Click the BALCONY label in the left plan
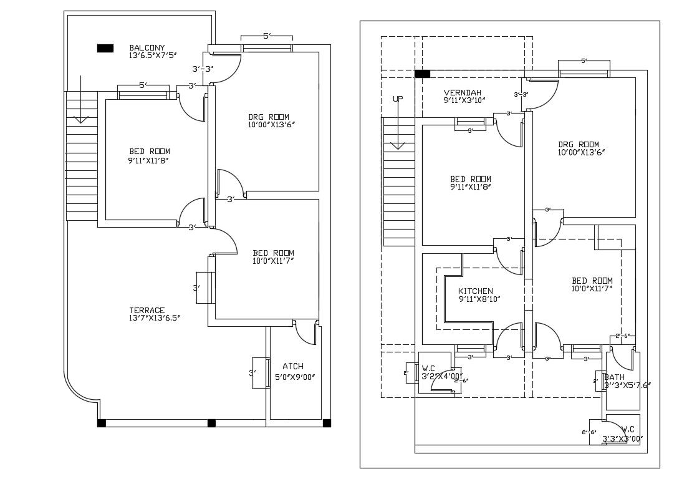(147, 47)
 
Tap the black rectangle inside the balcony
(105, 48)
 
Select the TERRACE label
(147, 310)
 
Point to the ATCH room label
(293, 366)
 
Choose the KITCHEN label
(475, 291)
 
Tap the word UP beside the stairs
(398, 99)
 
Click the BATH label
(614, 377)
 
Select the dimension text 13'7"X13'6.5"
(151, 318)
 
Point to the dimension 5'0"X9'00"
(295, 377)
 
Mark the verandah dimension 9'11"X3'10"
(464, 100)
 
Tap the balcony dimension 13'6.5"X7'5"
(153, 56)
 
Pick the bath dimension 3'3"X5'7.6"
(627, 385)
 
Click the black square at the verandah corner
(422, 74)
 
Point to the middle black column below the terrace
(211, 423)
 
